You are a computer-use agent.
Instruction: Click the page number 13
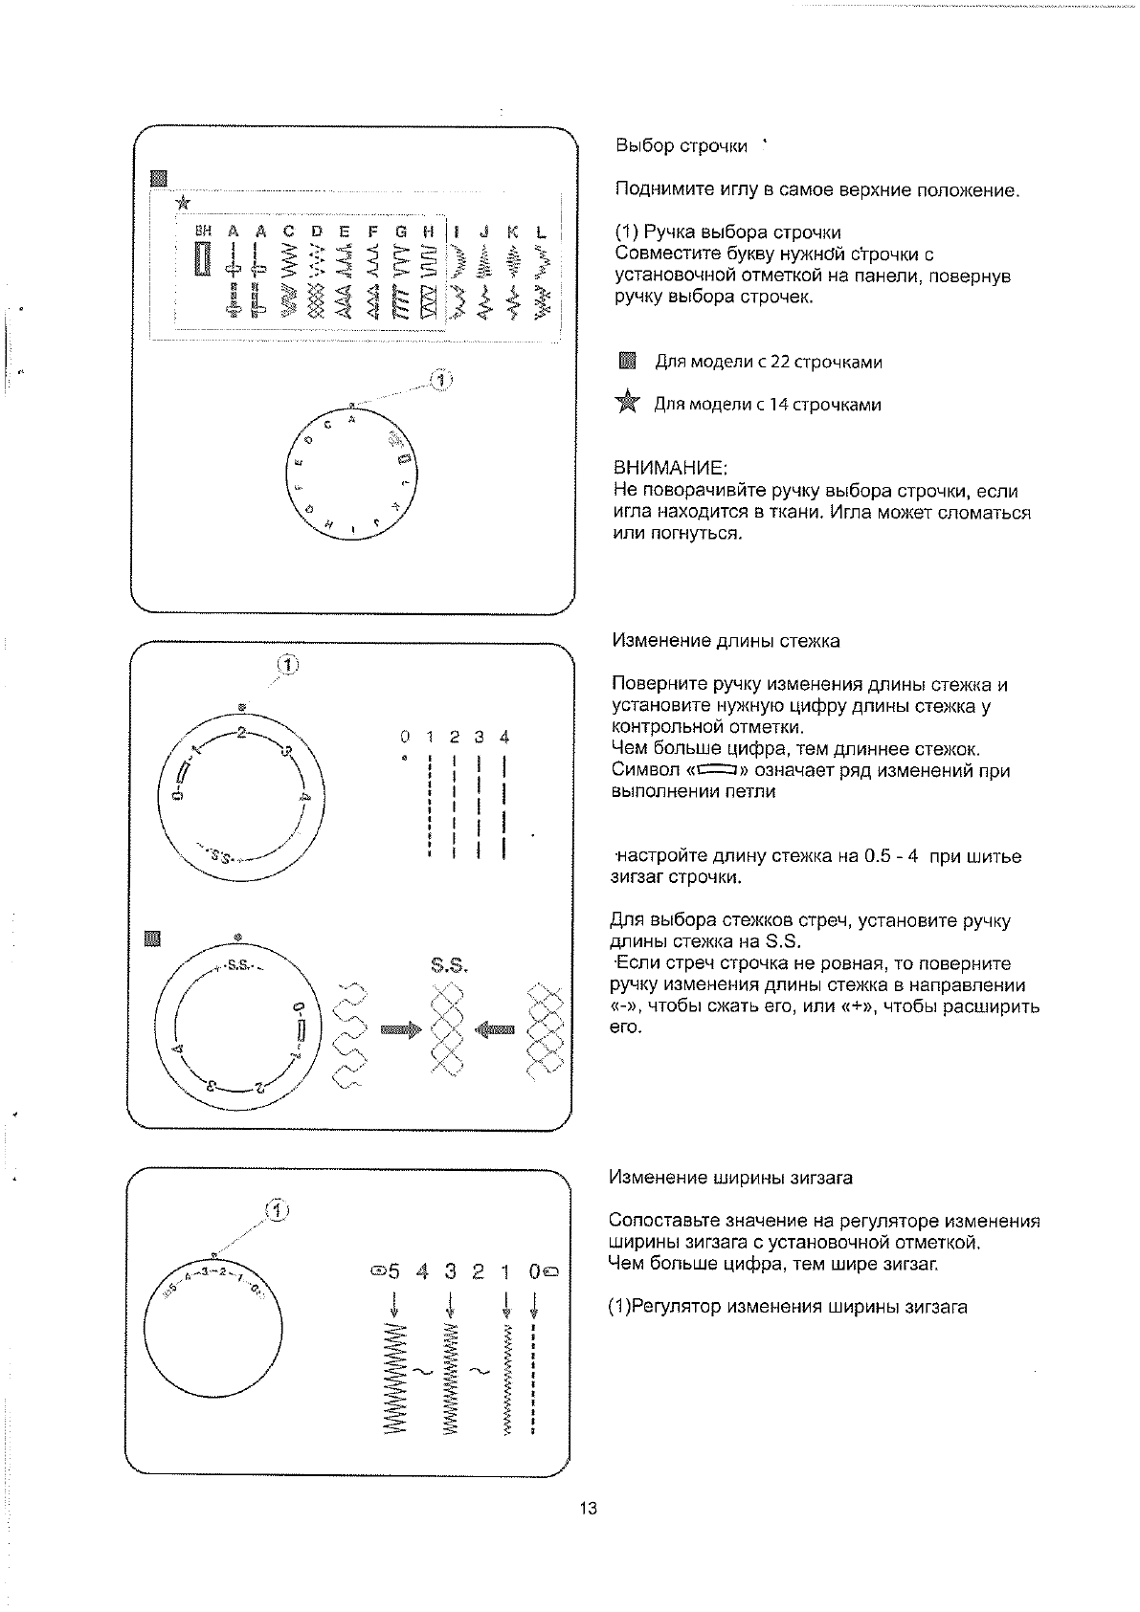click(588, 1509)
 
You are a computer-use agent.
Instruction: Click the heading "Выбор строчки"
click(681, 146)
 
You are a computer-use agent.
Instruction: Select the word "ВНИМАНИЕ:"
click(670, 469)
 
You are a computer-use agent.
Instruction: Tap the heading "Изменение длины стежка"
click(726, 641)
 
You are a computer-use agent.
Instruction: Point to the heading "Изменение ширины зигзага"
click(730, 1178)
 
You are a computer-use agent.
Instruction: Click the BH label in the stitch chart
click(202, 231)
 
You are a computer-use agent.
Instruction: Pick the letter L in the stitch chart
click(542, 232)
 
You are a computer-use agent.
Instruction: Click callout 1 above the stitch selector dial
click(440, 381)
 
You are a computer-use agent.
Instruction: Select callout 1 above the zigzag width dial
click(277, 1211)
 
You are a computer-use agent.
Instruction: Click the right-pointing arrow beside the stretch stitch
click(400, 1030)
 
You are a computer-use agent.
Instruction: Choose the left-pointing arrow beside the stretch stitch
click(495, 1030)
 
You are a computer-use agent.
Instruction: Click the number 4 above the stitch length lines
click(504, 737)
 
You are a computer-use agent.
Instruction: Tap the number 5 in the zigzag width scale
click(394, 1272)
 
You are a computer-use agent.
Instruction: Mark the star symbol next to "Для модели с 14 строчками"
click(627, 403)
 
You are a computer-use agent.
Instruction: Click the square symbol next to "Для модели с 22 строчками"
click(627, 361)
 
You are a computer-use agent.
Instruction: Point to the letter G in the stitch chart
click(401, 232)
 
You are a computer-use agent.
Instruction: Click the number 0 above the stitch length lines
click(405, 737)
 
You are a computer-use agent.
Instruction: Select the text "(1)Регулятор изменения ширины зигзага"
click(788, 1307)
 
